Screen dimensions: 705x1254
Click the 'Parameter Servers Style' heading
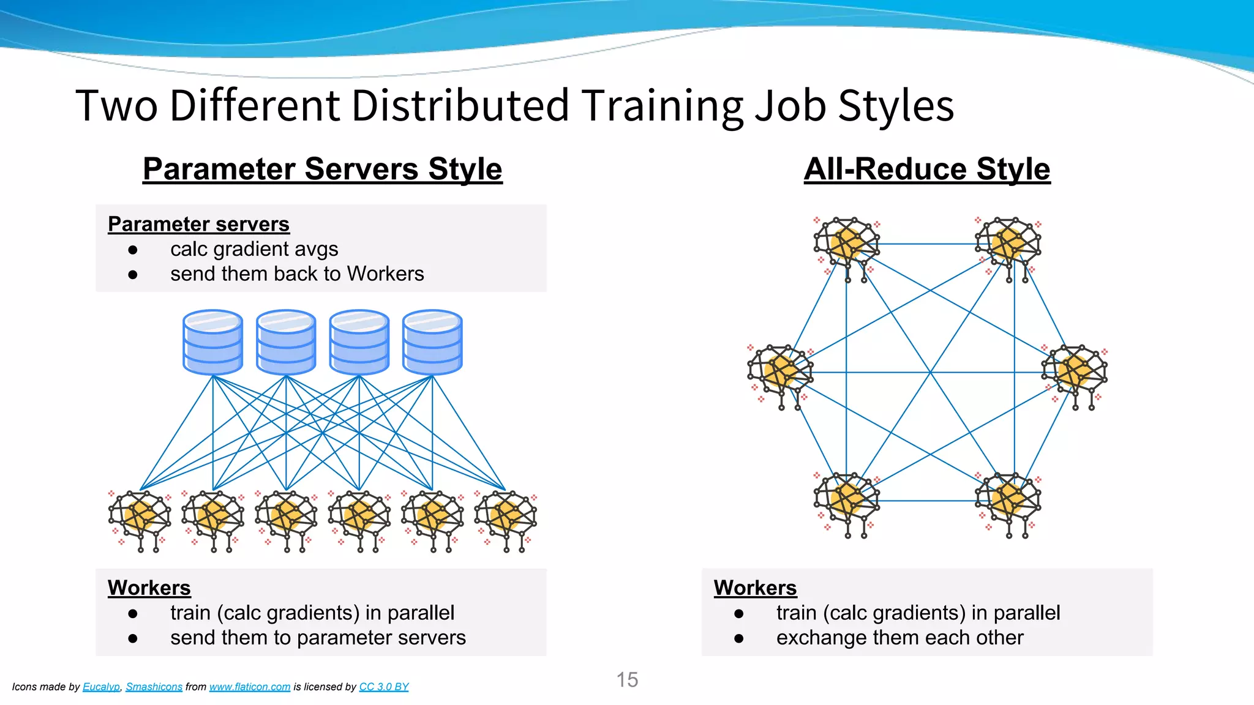(322, 169)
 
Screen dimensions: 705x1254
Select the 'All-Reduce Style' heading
(927, 169)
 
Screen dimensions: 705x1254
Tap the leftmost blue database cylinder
(212, 342)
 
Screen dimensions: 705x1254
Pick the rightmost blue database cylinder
(432, 342)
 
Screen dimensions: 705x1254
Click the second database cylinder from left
(286, 342)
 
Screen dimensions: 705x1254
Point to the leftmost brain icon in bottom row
(140, 520)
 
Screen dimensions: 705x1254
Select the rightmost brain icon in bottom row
(506, 520)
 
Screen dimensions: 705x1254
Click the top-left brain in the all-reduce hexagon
(847, 247)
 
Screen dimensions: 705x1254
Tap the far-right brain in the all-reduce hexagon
(1075, 375)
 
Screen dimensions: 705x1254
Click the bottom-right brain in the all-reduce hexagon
(1008, 503)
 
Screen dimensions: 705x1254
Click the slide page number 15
(627, 679)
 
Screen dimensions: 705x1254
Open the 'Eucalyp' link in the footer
(101, 687)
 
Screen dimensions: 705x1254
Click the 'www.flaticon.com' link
(250, 687)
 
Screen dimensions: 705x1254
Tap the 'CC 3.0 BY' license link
(384, 687)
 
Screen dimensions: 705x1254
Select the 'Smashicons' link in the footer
(154, 687)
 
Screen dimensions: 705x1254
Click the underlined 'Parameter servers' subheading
(198, 224)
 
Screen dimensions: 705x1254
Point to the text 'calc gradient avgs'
(254, 249)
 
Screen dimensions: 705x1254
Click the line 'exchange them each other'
(899, 638)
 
